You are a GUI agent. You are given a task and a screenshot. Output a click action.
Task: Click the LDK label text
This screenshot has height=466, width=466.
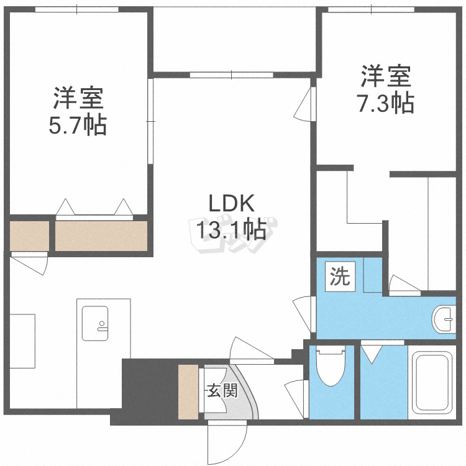[x=232, y=203]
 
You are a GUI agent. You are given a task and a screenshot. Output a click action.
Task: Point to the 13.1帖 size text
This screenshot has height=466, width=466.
[x=231, y=229]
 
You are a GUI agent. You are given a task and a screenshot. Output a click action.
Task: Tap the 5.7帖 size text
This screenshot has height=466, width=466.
[x=78, y=125]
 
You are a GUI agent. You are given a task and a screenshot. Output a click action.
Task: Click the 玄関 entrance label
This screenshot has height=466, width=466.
[x=222, y=390]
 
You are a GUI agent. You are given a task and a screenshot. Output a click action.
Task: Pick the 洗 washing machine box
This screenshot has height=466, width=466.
[x=340, y=276]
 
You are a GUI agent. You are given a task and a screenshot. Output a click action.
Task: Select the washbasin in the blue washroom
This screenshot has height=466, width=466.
[x=444, y=319]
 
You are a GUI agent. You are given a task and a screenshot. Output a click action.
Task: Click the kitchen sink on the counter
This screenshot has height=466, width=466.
[x=95, y=323]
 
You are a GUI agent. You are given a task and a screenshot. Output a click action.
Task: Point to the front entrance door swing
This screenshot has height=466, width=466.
[x=227, y=442]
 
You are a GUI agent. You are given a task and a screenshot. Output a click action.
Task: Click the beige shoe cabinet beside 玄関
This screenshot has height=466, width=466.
[x=188, y=391]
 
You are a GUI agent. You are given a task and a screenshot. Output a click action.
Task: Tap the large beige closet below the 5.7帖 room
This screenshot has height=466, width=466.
[x=101, y=236]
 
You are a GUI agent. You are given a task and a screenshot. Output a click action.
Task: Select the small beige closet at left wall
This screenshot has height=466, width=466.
[x=29, y=236]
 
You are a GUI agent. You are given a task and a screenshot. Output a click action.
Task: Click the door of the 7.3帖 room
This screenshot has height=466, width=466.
[x=305, y=104]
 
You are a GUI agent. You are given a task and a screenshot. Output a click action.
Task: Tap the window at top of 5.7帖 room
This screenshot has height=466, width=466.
[x=77, y=9]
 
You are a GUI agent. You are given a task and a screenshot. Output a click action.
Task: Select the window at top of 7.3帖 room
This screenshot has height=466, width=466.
[x=371, y=9]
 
